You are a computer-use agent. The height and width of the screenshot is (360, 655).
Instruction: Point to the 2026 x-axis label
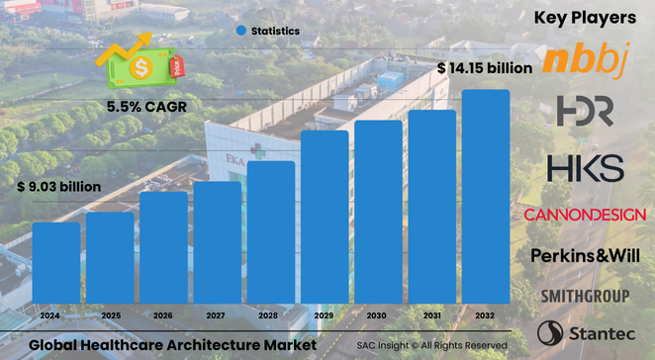163,316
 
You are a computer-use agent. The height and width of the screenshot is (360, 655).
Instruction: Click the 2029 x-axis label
325,316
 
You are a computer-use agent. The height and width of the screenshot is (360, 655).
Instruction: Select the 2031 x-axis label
432,316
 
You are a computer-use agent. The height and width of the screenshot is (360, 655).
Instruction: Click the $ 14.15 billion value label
485,68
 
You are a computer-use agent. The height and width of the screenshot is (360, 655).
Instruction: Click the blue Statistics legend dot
240,31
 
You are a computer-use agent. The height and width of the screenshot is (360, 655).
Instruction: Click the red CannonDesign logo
585,215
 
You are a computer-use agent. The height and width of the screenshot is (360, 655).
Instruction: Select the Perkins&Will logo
589,255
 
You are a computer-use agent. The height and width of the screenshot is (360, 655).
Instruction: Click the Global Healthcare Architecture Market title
172,345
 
